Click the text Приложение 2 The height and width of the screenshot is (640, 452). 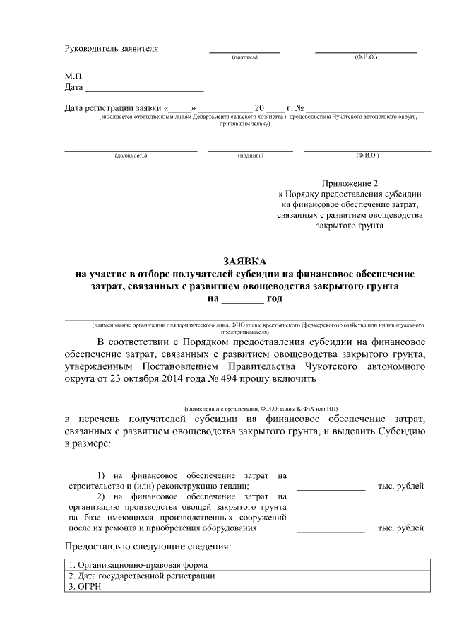350,182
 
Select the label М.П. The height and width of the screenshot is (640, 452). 74,75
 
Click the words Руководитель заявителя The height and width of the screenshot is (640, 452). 112,49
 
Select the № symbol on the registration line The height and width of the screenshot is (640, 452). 300,108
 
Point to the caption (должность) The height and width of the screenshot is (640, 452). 131,155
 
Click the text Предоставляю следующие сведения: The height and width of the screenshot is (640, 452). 148,547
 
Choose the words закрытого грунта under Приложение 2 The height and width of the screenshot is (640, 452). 350,227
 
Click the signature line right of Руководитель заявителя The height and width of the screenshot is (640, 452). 244,52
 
